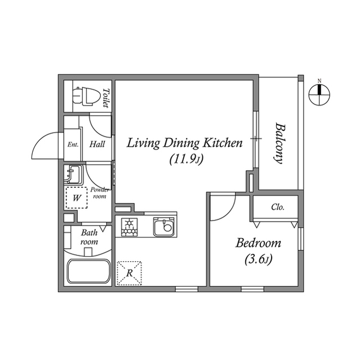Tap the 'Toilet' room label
(105, 98)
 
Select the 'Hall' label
(97, 144)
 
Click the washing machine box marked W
(76, 197)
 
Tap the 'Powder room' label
(99, 193)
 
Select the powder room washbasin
(73, 174)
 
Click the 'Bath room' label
(89, 237)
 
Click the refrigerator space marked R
(129, 273)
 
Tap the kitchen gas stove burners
(130, 227)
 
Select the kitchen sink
(164, 227)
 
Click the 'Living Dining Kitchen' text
(184, 143)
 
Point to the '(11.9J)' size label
(185, 160)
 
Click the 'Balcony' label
(278, 143)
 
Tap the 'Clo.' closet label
(277, 207)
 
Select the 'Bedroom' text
(257, 244)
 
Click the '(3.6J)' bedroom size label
(259, 260)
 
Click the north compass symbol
(319, 94)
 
